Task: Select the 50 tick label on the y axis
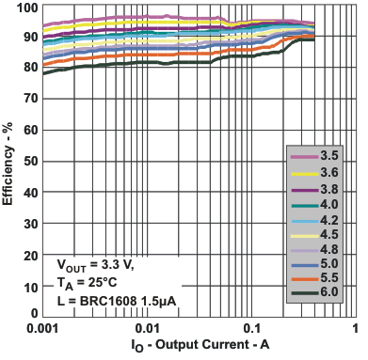pos(29,161)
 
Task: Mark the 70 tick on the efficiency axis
pos(29,100)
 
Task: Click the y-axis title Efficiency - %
pos(8,160)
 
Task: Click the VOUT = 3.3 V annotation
pos(95,266)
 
